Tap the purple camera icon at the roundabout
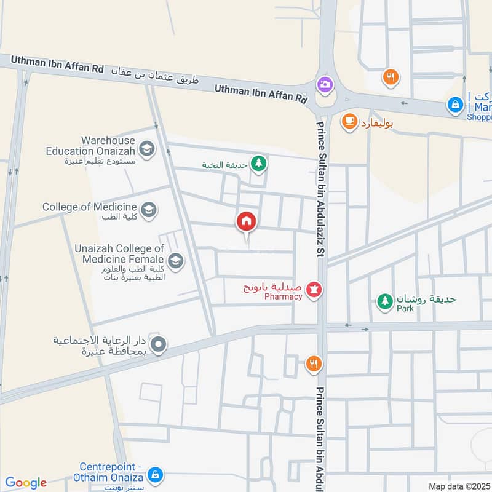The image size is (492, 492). tap(324, 84)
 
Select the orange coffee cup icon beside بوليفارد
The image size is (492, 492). tap(349, 122)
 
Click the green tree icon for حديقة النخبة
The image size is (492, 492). tap(259, 164)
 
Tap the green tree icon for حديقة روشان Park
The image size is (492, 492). tap(385, 301)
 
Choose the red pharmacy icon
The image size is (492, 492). tap(314, 288)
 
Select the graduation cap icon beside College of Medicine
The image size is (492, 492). tap(148, 210)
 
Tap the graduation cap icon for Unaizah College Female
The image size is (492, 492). tap(176, 261)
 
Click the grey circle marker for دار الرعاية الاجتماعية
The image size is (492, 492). tap(158, 345)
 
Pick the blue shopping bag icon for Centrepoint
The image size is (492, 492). tap(156, 475)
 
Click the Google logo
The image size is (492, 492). tap(26, 483)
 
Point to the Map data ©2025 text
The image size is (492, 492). tap(458, 486)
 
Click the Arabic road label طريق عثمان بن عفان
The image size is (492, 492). tap(157, 77)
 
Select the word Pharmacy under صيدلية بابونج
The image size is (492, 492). tap(284, 297)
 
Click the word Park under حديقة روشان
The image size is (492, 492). tap(405, 308)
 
